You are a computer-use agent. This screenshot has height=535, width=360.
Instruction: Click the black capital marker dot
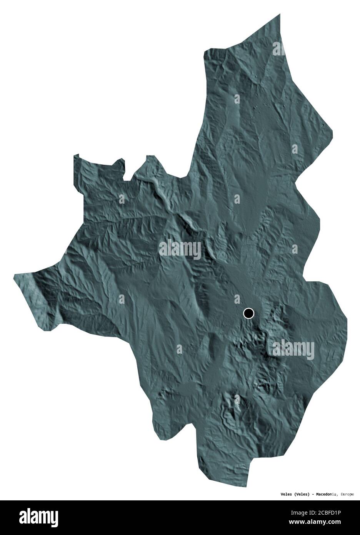click(249, 313)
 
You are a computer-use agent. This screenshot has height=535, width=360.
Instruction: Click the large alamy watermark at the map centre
click(180, 248)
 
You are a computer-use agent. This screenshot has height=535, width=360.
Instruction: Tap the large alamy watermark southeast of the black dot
click(293, 349)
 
